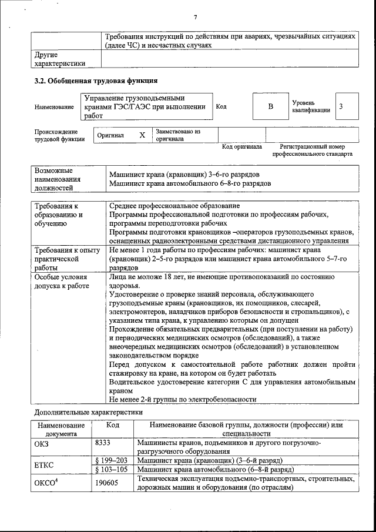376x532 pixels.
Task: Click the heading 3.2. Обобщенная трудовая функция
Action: pos(96,81)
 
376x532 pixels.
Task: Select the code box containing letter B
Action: pos(271,106)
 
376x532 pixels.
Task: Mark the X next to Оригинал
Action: pos(142,135)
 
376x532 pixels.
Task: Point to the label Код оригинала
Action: pos(241,146)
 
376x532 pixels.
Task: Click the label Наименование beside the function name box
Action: pos(54,107)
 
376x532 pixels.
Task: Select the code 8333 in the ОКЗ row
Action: pos(103,443)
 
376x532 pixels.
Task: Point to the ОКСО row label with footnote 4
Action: pos(48,483)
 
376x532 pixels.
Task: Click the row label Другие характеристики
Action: pos(59,59)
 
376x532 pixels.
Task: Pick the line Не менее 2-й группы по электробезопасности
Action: pos(183,399)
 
